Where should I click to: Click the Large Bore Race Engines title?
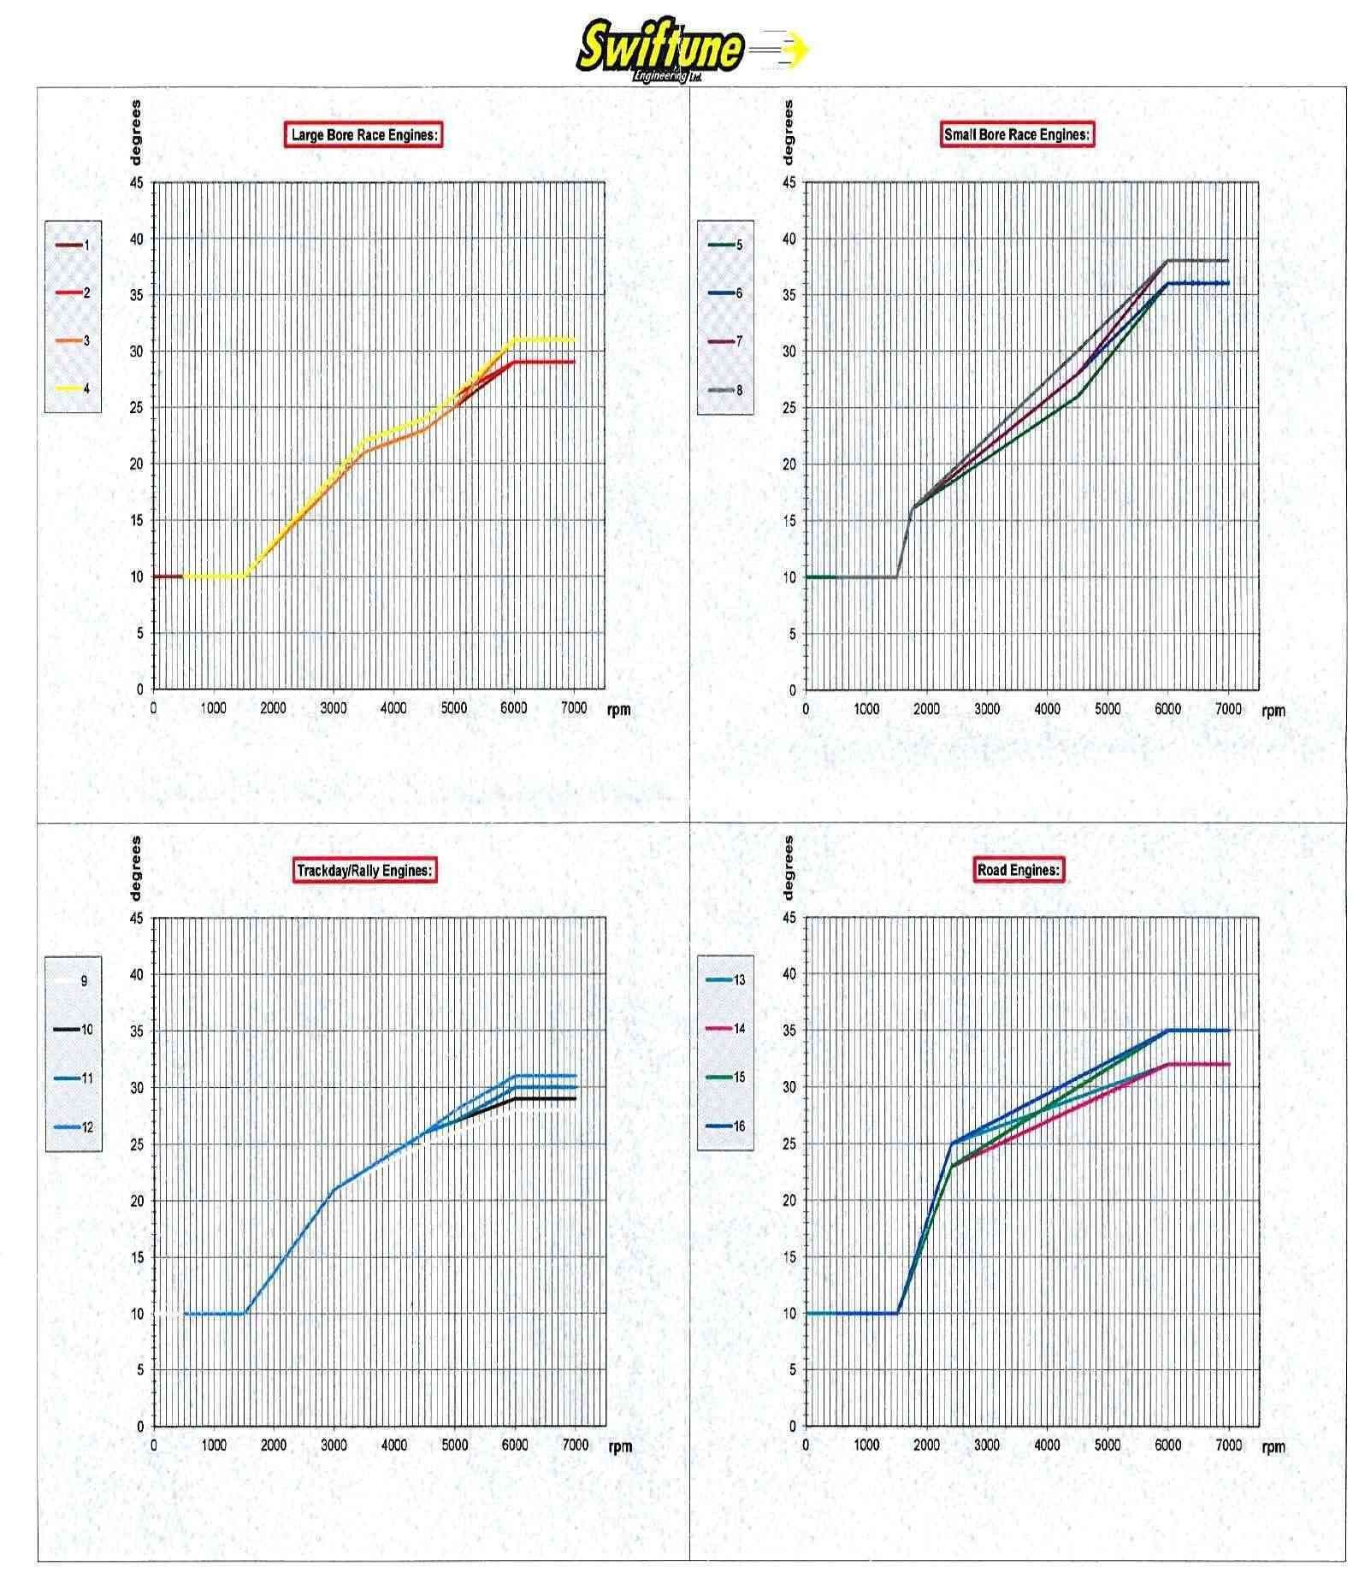click(363, 135)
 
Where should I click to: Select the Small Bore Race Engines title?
click(1017, 134)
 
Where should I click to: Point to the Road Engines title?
click(1018, 870)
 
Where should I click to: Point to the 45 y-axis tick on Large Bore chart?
click(137, 183)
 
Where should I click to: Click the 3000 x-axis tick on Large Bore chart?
click(334, 708)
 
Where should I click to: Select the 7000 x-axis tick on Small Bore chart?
click(1228, 709)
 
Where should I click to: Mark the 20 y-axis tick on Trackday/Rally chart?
click(137, 1201)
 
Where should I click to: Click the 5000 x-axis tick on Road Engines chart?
click(1108, 1445)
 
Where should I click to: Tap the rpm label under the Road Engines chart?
click(1273, 1447)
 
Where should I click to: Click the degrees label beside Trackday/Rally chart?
click(136, 867)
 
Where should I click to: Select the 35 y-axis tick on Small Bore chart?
click(789, 295)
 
